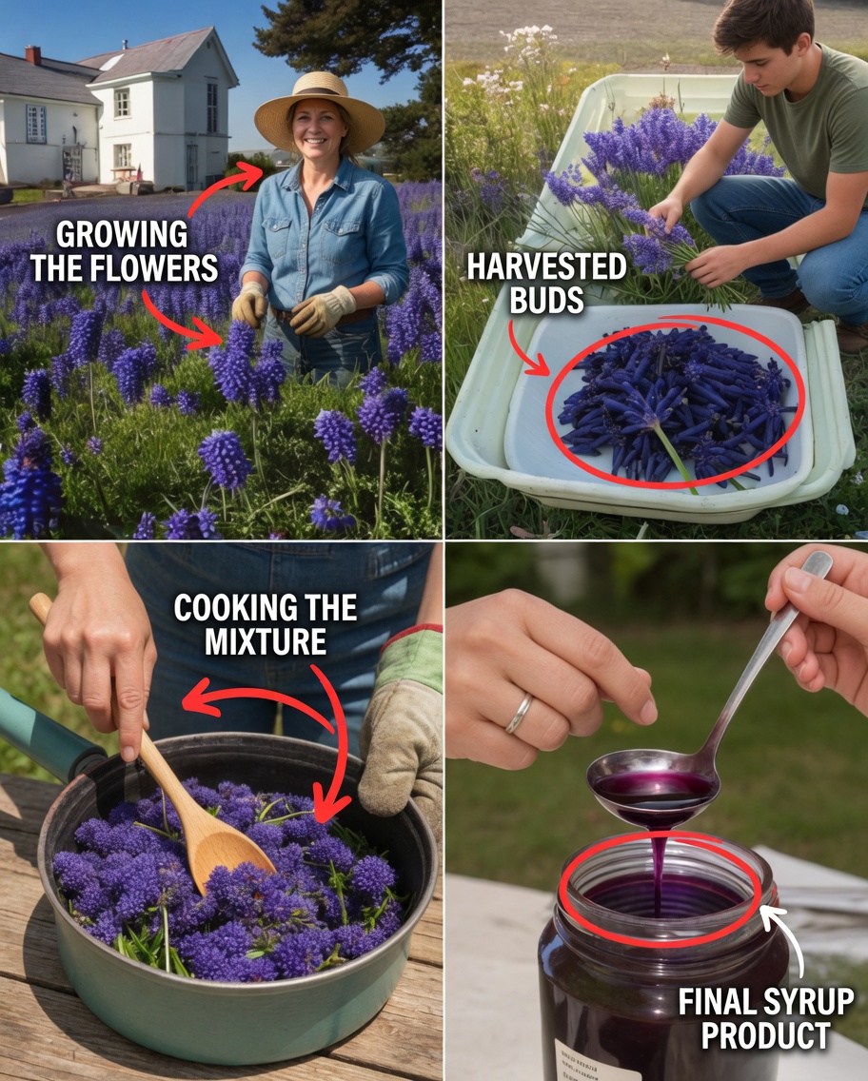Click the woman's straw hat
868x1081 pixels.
click(x=319, y=109)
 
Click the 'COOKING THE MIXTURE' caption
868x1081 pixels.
click(x=265, y=625)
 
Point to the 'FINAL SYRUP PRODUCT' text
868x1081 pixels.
click(x=765, y=1017)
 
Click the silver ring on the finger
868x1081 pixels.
click(x=519, y=714)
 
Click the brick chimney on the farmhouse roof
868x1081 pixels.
click(x=33, y=55)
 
